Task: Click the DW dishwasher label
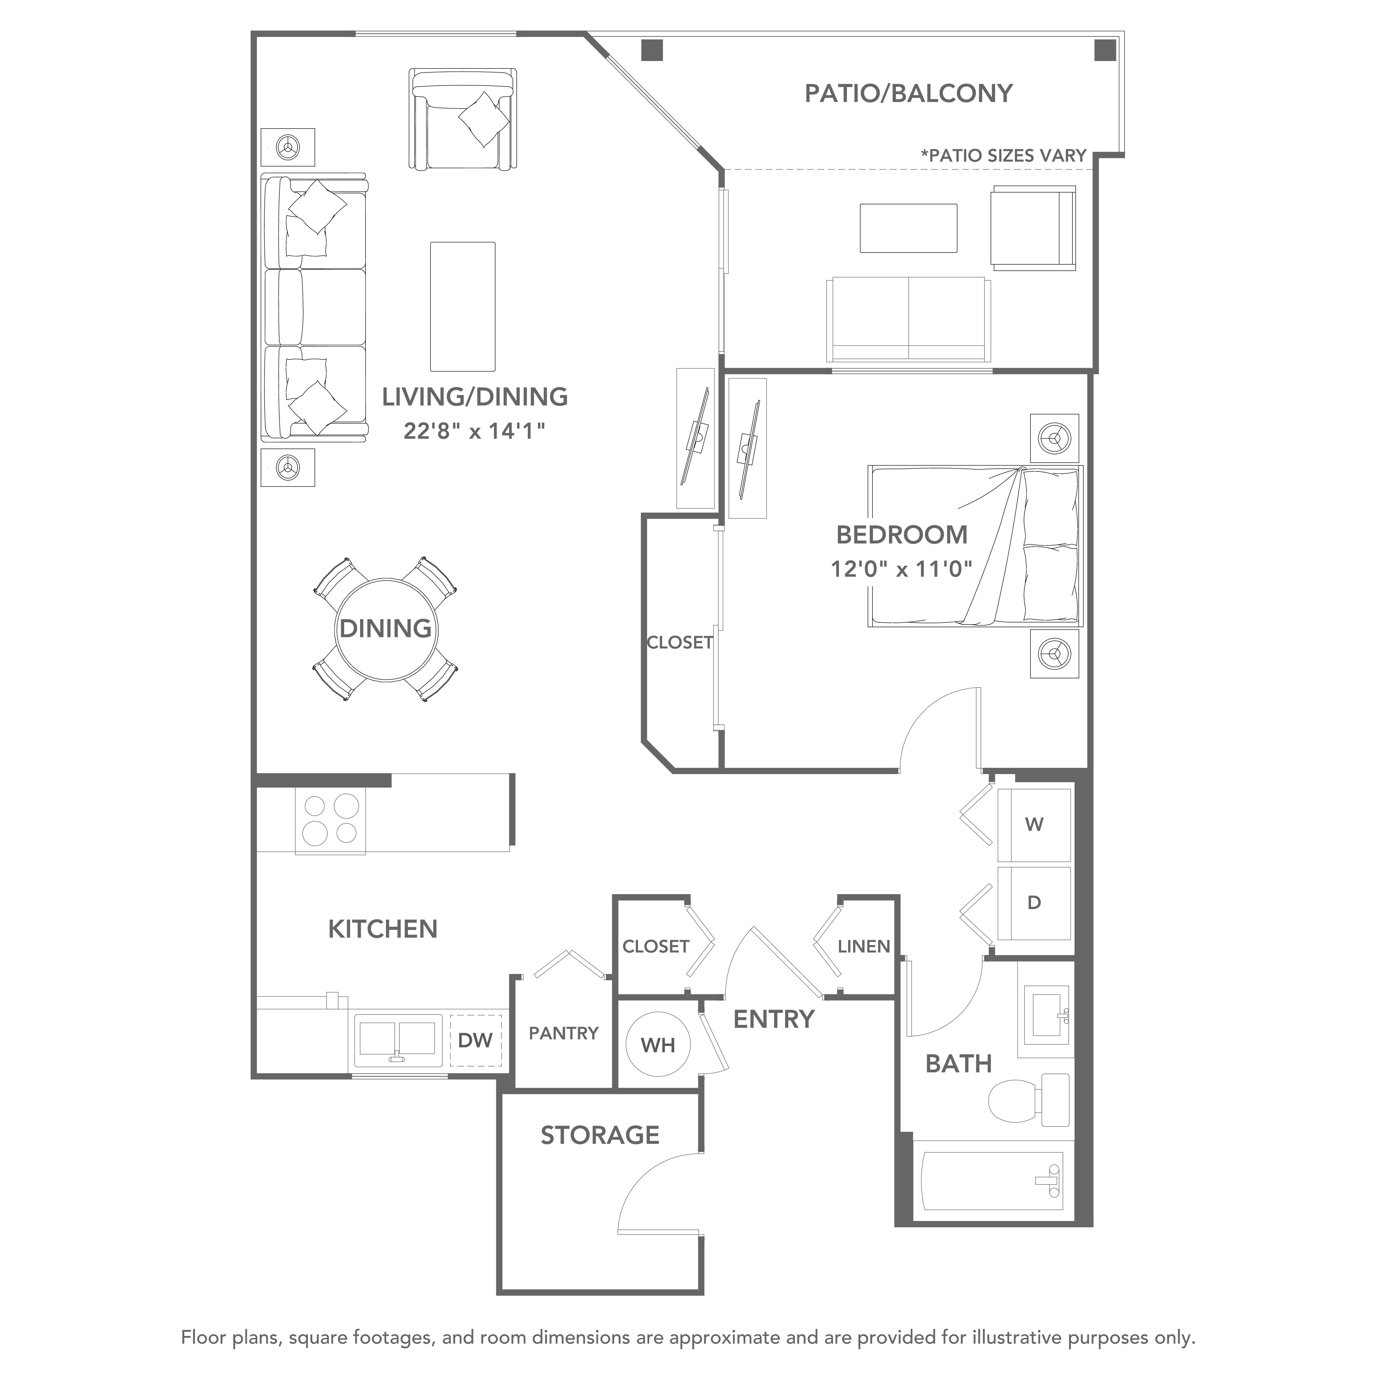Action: click(x=475, y=1040)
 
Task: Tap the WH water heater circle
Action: click(x=658, y=1044)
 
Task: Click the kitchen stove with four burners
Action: click(x=330, y=820)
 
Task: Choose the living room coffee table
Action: click(x=463, y=306)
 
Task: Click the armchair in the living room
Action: click(x=463, y=119)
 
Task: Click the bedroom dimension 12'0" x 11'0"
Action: click(x=901, y=569)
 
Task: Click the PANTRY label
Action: click(x=564, y=1033)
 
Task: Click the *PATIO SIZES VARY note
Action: click(x=1004, y=155)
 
